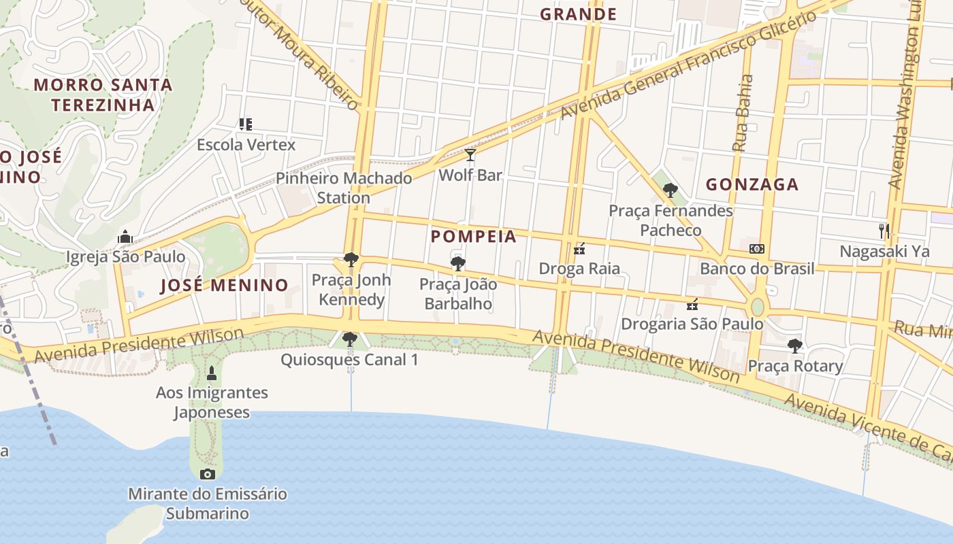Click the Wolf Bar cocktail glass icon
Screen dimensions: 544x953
470,155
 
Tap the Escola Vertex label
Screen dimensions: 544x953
246,145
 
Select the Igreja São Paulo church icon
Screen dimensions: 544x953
125,237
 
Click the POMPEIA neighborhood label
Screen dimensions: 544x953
474,237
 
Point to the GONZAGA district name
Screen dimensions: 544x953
752,184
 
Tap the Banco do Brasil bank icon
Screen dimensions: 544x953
757,249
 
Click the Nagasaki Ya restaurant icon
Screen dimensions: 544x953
884,231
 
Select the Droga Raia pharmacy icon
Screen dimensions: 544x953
579,249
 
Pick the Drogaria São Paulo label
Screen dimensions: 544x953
692,324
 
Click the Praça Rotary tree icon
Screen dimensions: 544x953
794,346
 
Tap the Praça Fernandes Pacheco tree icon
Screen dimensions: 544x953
671,190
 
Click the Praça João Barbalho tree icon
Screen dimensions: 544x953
458,264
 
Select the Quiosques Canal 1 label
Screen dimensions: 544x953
350,360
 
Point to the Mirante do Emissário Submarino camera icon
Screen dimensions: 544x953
208,474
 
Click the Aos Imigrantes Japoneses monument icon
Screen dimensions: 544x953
212,373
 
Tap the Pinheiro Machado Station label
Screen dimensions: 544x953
344,188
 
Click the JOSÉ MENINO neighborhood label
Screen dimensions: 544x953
224,285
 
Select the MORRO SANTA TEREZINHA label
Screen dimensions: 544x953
103,95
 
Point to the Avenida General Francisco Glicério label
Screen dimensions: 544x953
688,65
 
